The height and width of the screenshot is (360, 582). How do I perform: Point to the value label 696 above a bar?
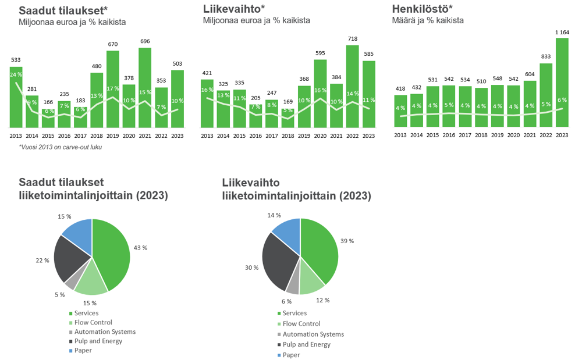click(x=145, y=41)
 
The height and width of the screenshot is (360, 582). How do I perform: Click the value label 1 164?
click(x=562, y=32)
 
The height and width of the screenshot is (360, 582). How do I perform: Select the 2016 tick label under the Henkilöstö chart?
click(x=448, y=136)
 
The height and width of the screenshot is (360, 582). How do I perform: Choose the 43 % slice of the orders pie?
click(x=111, y=250)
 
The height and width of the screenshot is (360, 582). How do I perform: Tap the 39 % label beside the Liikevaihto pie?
click(x=347, y=241)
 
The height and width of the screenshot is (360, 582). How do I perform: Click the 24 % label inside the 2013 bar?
click(x=16, y=74)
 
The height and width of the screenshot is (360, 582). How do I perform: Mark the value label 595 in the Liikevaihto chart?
click(x=320, y=53)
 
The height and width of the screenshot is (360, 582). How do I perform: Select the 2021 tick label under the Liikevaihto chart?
click(x=336, y=136)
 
